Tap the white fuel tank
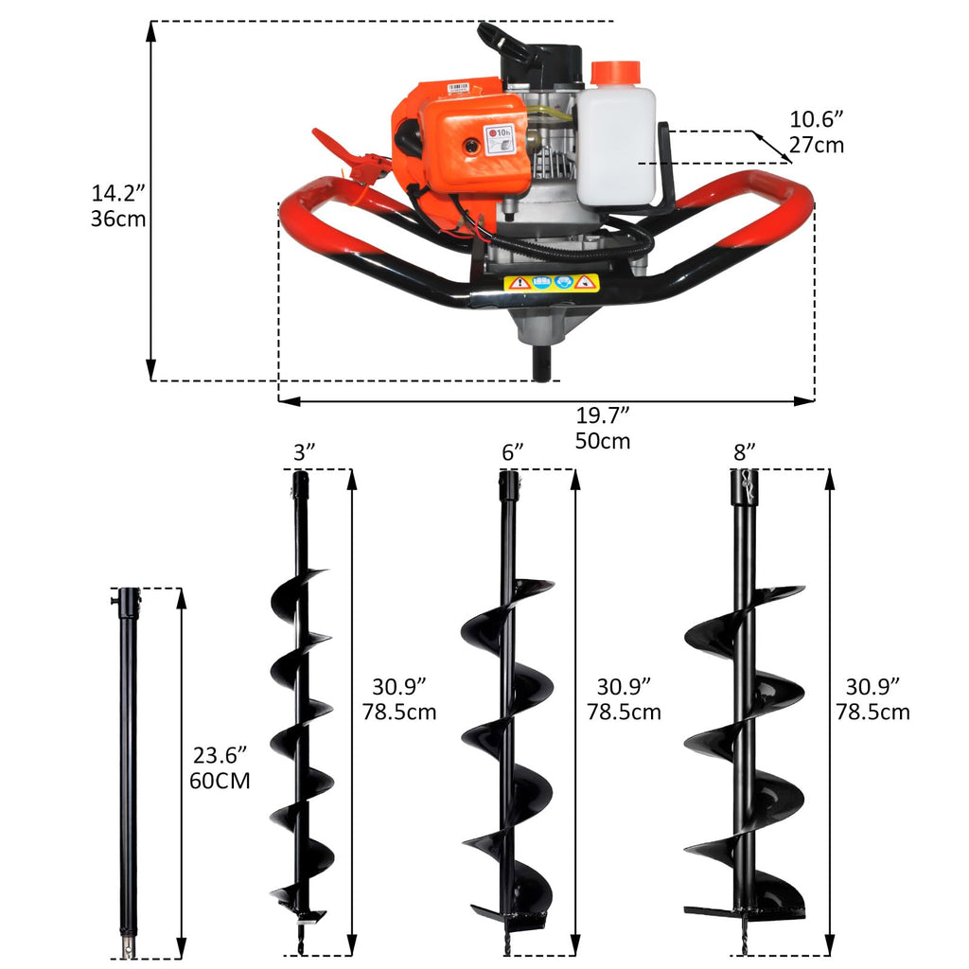[x=615, y=142]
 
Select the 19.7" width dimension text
[x=603, y=428]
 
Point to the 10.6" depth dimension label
[x=817, y=132]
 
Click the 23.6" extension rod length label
[x=220, y=768]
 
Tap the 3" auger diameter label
[x=304, y=452]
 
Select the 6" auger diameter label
[x=512, y=452]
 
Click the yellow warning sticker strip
[x=551, y=283]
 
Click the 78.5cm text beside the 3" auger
[x=399, y=712]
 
